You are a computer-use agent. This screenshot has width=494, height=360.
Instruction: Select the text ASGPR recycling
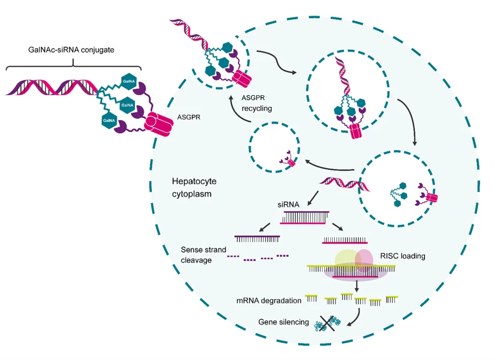257,103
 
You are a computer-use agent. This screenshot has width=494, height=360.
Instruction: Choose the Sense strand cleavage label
203,254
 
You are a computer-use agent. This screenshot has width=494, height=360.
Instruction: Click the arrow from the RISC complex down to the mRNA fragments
356,285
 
